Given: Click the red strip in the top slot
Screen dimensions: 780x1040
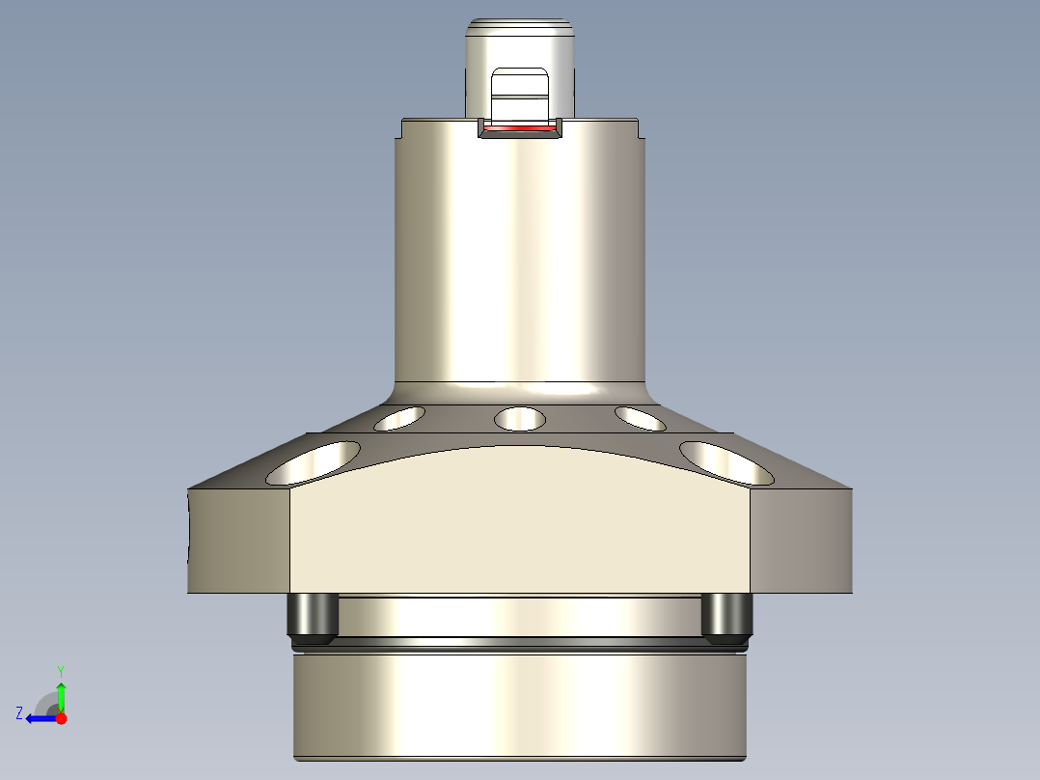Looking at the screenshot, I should [x=520, y=127].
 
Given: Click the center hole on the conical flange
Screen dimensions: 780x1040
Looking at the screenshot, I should [x=520, y=419].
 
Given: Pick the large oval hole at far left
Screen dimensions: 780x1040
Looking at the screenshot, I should [x=314, y=463].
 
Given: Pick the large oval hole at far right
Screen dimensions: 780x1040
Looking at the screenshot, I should [x=726, y=462].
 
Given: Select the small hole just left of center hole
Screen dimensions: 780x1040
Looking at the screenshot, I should [x=400, y=418].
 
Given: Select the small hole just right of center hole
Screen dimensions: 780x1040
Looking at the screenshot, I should [x=640, y=418].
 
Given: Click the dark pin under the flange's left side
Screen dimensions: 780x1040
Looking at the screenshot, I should [x=312, y=619].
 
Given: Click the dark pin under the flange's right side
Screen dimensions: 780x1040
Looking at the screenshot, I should [x=726, y=619].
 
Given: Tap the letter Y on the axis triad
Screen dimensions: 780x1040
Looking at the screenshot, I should [x=61, y=670].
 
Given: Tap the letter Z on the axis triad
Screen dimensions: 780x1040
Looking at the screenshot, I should [x=18, y=713].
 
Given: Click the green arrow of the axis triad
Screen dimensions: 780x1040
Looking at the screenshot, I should [x=61, y=695].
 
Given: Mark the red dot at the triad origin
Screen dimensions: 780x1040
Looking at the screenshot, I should [x=61, y=718].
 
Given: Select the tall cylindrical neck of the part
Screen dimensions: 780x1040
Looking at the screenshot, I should [x=520, y=261].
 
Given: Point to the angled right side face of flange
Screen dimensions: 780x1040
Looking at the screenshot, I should [x=801, y=541].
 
